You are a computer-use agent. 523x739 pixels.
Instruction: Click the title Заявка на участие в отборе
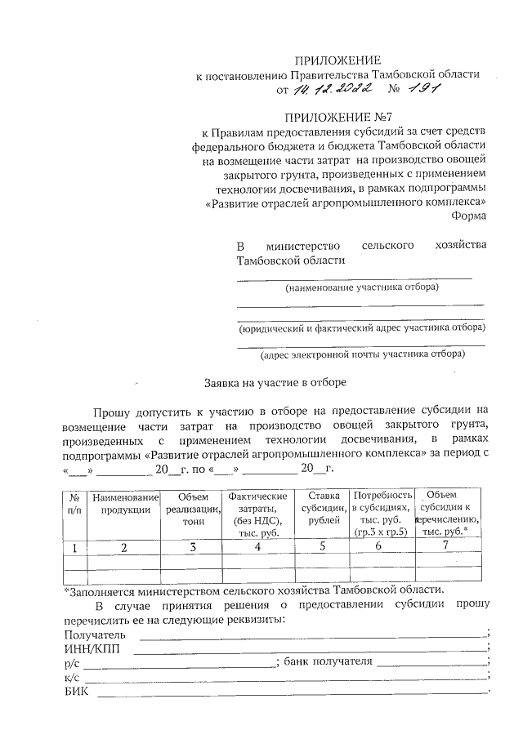pyautogui.click(x=275, y=382)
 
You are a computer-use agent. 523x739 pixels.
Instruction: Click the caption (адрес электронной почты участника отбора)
pyautogui.click(x=362, y=354)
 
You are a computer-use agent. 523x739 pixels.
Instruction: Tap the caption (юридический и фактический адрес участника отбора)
pyautogui.click(x=360, y=328)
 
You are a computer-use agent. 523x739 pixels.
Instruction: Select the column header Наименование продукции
pyautogui.click(x=125, y=503)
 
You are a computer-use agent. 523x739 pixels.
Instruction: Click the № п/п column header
pyautogui.click(x=74, y=503)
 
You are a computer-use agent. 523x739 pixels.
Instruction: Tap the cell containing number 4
pyautogui.click(x=257, y=547)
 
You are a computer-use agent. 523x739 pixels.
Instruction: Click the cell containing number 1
pyautogui.click(x=74, y=547)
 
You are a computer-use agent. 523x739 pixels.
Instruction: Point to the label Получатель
pyautogui.click(x=94, y=634)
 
